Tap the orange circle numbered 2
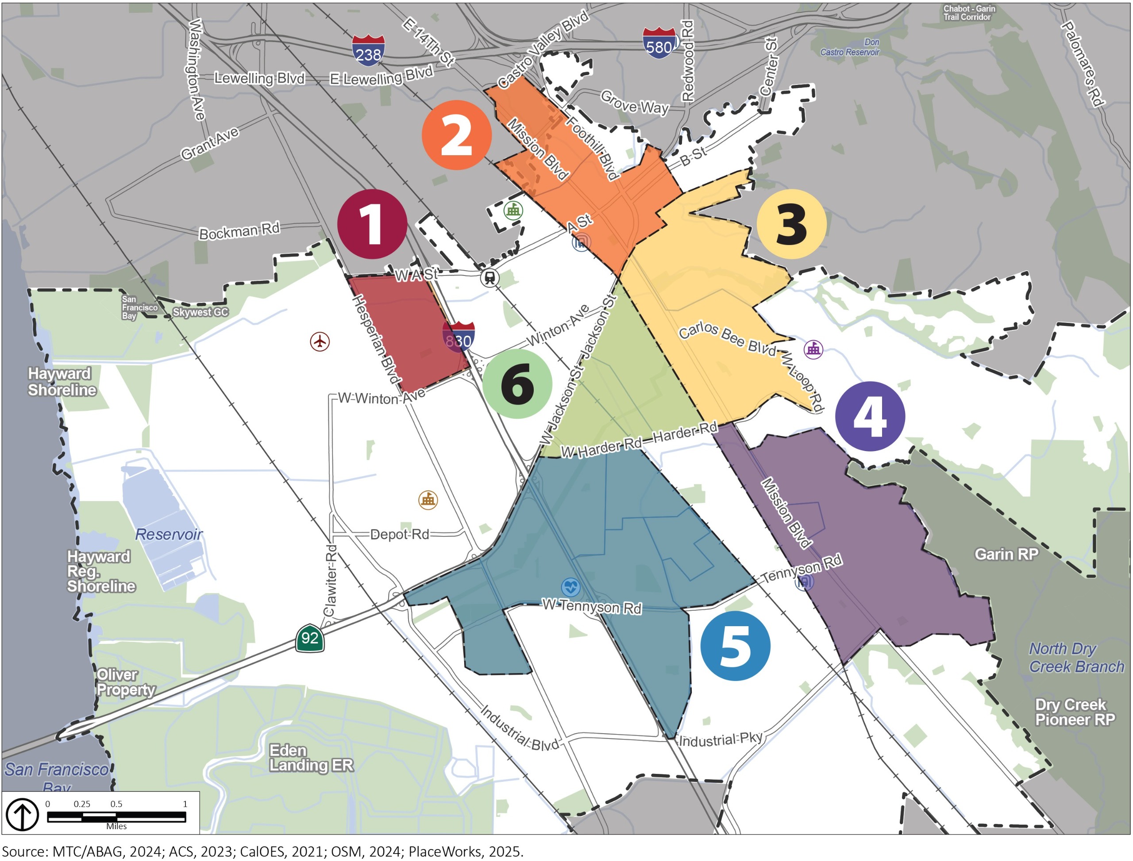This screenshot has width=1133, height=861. coord(456,135)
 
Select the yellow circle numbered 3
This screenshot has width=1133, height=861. coord(791,224)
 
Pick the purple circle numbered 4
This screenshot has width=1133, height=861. coord(870,416)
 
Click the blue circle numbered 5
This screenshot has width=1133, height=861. coord(735,646)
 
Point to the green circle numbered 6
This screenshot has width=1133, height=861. coord(517,384)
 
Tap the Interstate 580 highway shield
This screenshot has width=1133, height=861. coord(659,44)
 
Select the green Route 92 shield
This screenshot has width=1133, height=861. coord(310,638)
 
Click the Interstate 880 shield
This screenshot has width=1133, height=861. coord(459,337)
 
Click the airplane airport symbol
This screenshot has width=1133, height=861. coord(320,341)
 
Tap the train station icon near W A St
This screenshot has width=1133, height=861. coord(490,278)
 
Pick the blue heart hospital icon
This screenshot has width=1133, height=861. coord(570,587)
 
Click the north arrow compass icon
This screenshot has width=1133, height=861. coord(22,815)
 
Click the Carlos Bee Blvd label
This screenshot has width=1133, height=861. coord(727,339)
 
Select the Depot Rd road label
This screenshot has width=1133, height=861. coord(399,535)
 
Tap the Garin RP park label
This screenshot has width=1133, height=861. coord(1006,555)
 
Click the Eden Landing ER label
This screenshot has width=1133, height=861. coord(311,758)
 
